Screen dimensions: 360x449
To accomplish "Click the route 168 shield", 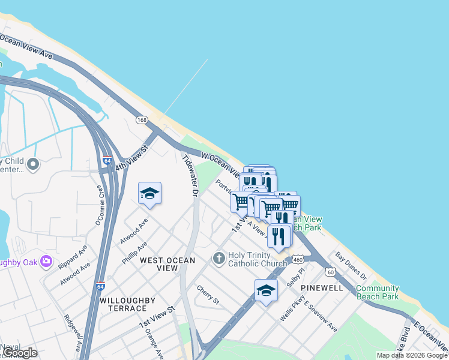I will tap(142, 120).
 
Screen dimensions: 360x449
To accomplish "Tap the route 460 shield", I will tap(298, 259).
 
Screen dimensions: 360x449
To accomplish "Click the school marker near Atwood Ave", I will tap(149, 193).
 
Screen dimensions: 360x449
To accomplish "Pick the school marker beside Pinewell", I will tap(266, 291).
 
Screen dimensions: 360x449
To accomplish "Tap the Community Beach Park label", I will tap(377, 292).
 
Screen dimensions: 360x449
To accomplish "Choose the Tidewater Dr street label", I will tap(190, 176).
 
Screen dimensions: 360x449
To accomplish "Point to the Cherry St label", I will tap(208, 293).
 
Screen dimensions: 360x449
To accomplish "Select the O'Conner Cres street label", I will tap(100, 206).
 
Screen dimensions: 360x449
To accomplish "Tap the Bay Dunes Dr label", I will tap(351, 265).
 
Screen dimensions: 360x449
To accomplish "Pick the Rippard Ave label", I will tap(73, 256).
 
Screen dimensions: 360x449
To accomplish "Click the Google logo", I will tap(20, 353).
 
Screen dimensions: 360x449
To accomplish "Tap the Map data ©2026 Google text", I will tap(412, 355).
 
